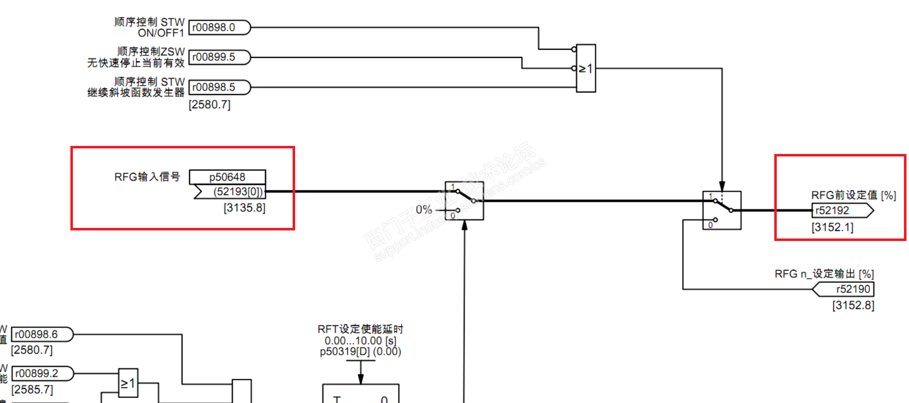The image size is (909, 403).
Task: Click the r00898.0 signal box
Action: pos(219,28)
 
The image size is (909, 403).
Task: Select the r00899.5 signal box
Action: pos(219,57)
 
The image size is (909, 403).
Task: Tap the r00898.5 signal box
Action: pos(219,88)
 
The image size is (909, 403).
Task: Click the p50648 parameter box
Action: pos(227,177)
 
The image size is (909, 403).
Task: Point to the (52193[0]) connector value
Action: pos(237,192)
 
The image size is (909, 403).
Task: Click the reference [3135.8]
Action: pos(244,208)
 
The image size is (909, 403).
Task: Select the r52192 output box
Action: pos(841,211)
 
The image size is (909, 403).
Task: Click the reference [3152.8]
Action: pos(853,305)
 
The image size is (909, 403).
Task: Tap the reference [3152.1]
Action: pos(833,227)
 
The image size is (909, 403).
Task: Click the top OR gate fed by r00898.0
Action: pos(586,68)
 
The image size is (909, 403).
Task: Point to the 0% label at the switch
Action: pos(424,210)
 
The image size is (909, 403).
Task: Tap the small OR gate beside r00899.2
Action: pos(128,383)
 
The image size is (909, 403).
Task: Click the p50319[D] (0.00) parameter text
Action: pos(360,352)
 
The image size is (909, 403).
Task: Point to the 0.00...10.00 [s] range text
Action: pos(360,341)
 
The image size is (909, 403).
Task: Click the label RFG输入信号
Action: pos(147,177)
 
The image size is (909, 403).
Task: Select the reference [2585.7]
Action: pos(32,389)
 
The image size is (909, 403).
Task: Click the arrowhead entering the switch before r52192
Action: pos(722,186)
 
